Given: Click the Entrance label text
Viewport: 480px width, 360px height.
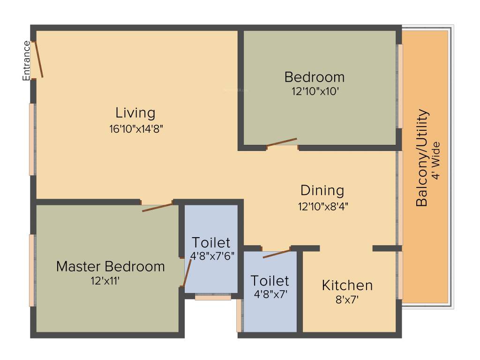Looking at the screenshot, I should (27, 60).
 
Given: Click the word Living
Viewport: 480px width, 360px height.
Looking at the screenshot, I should (135, 113).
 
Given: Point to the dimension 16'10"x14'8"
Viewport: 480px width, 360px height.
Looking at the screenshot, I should (135, 129).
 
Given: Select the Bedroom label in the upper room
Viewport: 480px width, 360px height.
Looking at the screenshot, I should (314, 76).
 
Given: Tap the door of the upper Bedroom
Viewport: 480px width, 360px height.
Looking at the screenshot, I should (282, 142).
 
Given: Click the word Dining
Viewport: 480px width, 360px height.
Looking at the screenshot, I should (322, 190).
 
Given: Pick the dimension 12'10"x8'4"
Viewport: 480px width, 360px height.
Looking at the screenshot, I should (322, 205).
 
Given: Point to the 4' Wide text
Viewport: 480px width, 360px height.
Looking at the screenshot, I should (436, 160).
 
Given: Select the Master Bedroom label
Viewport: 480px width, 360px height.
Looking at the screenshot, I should (111, 267).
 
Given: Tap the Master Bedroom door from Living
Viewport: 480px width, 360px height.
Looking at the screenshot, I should (157, 207).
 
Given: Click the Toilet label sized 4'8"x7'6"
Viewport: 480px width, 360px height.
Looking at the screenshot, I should (211, 242).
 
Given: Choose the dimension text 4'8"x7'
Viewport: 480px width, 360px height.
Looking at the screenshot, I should (270, 295).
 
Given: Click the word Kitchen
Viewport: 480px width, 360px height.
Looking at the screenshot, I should (347, 285).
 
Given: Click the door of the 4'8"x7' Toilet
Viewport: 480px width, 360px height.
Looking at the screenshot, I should (277, 254).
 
